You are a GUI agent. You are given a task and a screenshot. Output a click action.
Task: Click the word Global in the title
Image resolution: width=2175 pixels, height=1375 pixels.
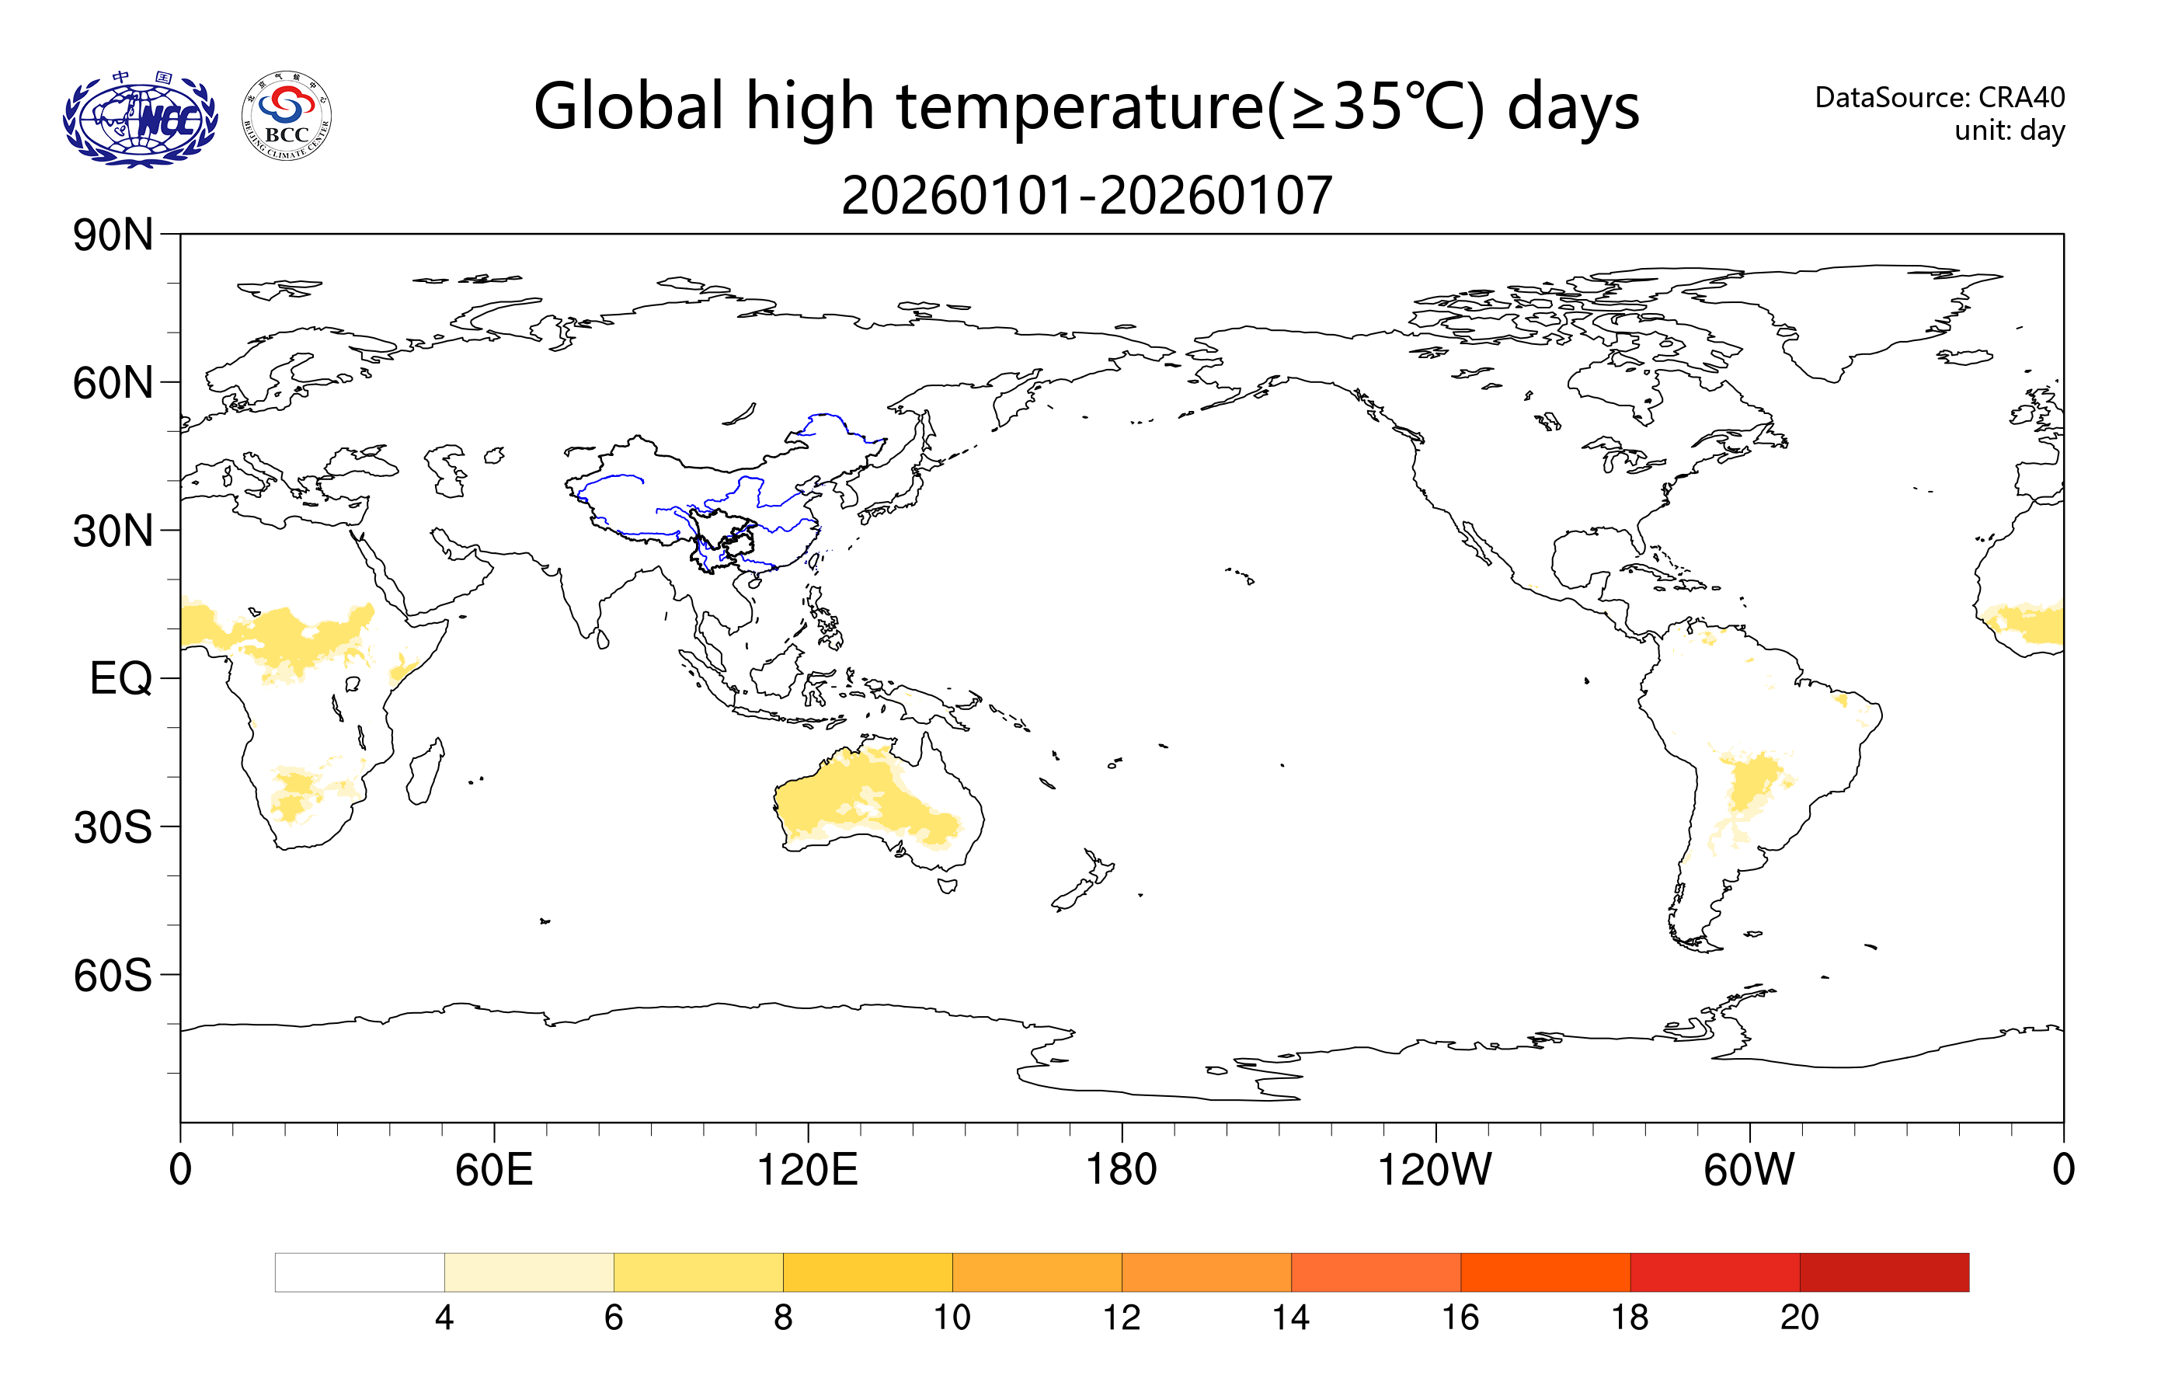[x=628, y=106]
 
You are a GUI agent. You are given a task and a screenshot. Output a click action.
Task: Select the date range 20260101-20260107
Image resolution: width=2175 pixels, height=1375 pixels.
[x=1087, y=195]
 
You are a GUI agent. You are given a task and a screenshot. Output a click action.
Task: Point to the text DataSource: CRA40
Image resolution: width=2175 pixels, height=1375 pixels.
[x=1940, y=96]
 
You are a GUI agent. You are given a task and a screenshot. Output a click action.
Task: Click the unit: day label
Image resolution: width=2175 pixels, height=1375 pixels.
[x=2009, y=131]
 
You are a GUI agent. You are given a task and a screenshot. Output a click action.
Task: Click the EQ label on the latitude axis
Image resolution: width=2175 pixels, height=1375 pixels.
[x=120, y=678]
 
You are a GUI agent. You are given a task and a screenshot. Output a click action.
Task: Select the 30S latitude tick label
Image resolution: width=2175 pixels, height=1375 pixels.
[x=113, y=827]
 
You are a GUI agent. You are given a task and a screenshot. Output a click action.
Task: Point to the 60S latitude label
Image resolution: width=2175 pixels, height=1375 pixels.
[x=113, y=976]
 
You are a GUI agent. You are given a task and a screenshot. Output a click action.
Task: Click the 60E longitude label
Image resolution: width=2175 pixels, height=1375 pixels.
[x=494, y=1170]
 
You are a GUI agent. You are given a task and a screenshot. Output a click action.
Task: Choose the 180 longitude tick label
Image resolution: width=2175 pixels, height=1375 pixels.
[x=1121, y=1170]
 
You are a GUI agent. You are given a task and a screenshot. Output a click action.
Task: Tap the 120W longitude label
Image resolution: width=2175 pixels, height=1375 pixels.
[x=1435, y=1170]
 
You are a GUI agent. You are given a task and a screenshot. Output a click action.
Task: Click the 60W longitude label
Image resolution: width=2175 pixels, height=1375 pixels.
[x=1749, y=1170]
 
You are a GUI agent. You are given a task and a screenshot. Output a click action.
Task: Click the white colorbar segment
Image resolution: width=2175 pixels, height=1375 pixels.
[x=360, y=1272]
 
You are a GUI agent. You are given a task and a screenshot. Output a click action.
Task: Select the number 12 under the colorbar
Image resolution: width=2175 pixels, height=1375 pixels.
[x=1121, y=1318]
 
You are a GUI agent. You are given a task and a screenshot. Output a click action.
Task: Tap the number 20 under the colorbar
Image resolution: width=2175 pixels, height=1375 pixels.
[x=1798, y=1318]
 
